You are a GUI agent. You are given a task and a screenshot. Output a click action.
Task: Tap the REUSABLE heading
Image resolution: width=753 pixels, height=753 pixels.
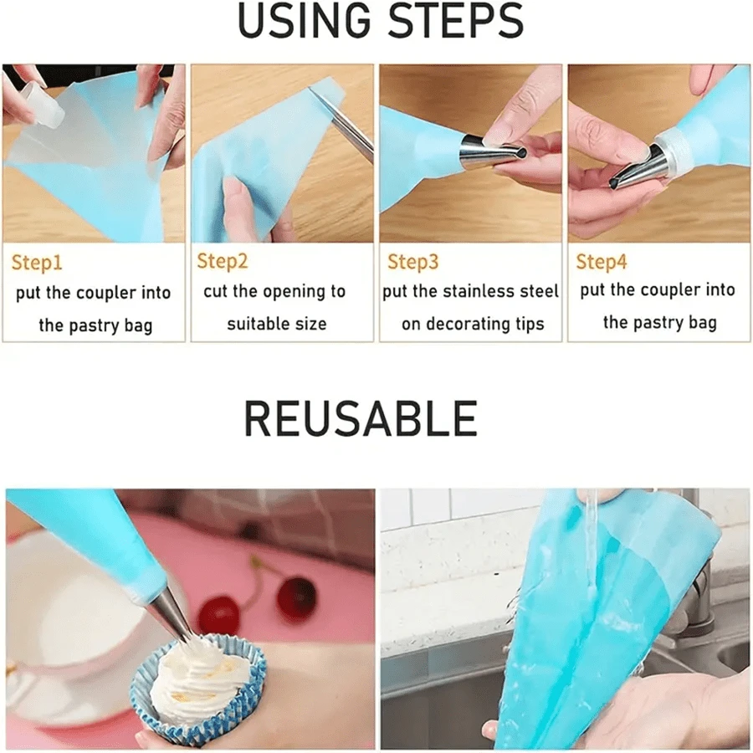click(361, 418)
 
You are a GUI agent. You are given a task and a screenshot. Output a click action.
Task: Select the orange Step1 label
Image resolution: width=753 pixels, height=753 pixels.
click(37, 264)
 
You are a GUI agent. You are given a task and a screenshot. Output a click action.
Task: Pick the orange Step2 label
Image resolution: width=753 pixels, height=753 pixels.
click(223, 261)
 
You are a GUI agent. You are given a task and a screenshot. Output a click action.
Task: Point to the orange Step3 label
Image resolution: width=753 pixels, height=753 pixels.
click(412, 263)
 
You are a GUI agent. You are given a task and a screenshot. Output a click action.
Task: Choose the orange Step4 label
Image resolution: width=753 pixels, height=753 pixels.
click(601, 263)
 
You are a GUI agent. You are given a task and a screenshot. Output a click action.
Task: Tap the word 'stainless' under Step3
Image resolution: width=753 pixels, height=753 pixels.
click(485, 292)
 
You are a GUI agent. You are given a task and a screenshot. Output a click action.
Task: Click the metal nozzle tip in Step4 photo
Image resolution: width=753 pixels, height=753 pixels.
click(633, 171)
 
